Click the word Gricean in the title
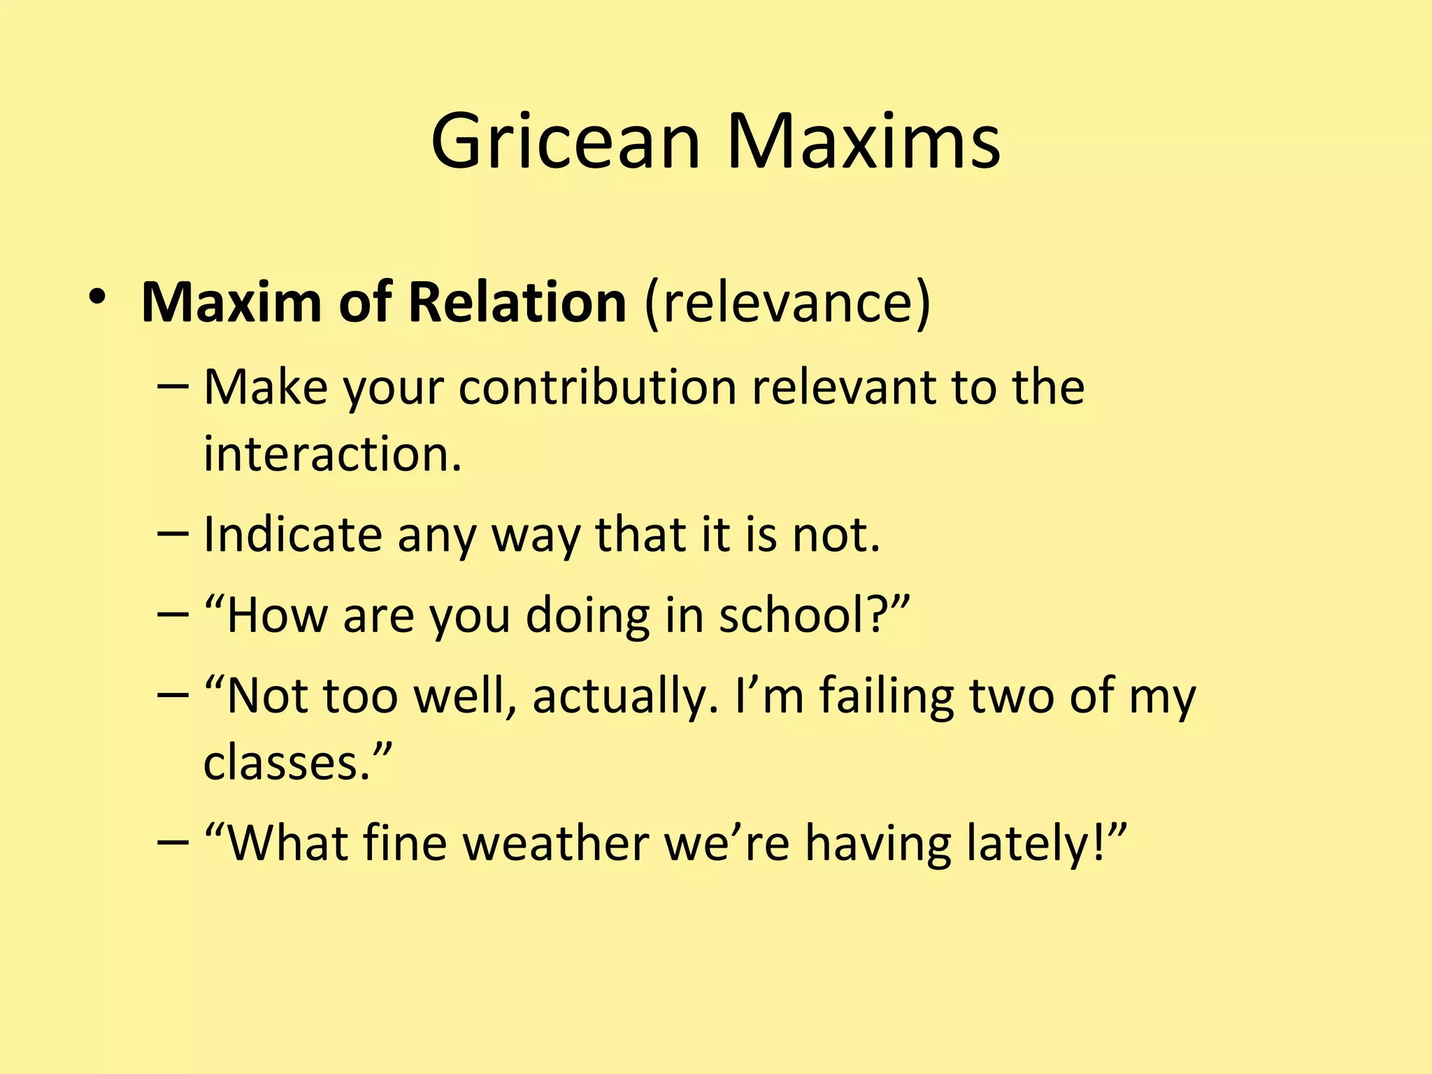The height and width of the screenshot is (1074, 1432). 565,142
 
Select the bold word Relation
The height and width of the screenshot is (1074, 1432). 517,303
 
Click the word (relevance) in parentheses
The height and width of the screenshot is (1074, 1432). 787,303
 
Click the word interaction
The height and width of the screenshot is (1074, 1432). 332,454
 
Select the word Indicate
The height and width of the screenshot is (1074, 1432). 293,535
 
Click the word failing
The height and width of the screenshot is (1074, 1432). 887,696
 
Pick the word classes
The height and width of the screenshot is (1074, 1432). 286,763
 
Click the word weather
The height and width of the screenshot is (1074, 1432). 556,843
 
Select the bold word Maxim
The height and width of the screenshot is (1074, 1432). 231,303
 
